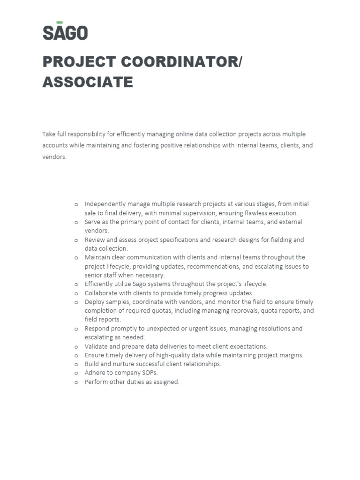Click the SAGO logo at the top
click(x=65, y=32)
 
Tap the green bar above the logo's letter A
click(x=60, y=22)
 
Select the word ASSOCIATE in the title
click(x=88, y=82)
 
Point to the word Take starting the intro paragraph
click(x=49, y=134)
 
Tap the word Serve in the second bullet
click(x=93, y=222)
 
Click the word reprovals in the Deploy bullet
click(x=240, y=311)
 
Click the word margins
click(x=291, y=355)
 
